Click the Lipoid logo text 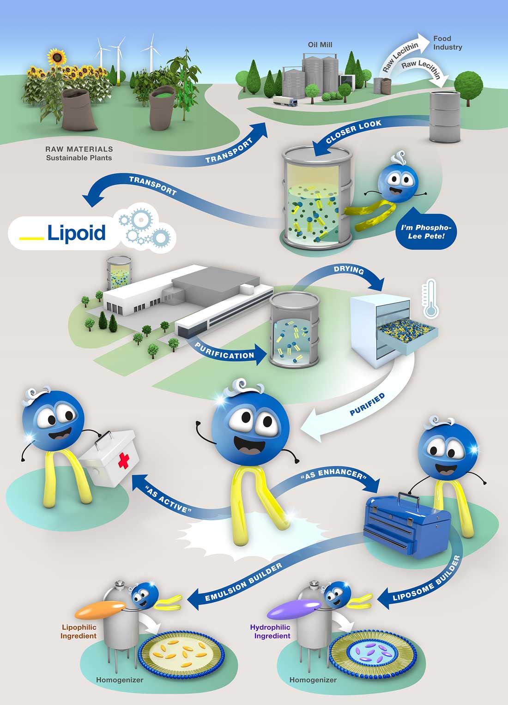(x=76, y=233)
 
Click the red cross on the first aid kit (x=123, y=460)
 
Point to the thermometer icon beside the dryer (x=430, y=299)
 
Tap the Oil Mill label (x=320, y=45)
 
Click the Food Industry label (x=447, y=43)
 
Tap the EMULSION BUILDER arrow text (x=243, y=583)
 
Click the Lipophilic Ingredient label (x=79, y=632)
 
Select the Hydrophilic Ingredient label (x=271, y=632)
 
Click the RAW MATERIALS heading (x=79, y=149)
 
